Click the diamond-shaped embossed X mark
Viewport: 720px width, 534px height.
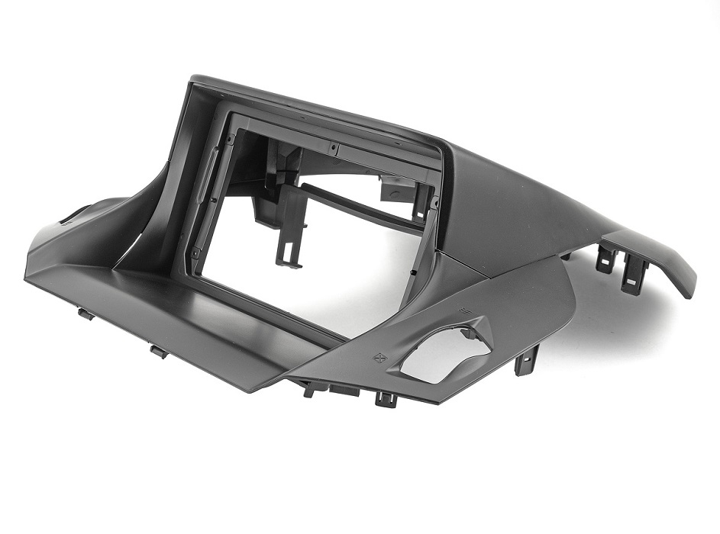click(x=377, y=357)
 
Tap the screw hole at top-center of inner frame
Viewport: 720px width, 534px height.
click(x=334, y=146)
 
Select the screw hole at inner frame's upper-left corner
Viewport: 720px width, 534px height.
click(x=230, y=140)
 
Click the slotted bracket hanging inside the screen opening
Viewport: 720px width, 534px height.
click(x=288, y=229)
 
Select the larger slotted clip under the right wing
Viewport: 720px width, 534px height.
click(x=632, y=275)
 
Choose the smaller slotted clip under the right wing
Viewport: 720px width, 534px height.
click(x=605, y=259)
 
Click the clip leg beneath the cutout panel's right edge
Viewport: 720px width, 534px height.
click(x=526, y=359)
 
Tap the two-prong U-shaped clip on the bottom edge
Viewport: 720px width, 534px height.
click(x=386, y=398)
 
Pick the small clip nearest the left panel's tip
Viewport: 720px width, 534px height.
click(x=85, y=313)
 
